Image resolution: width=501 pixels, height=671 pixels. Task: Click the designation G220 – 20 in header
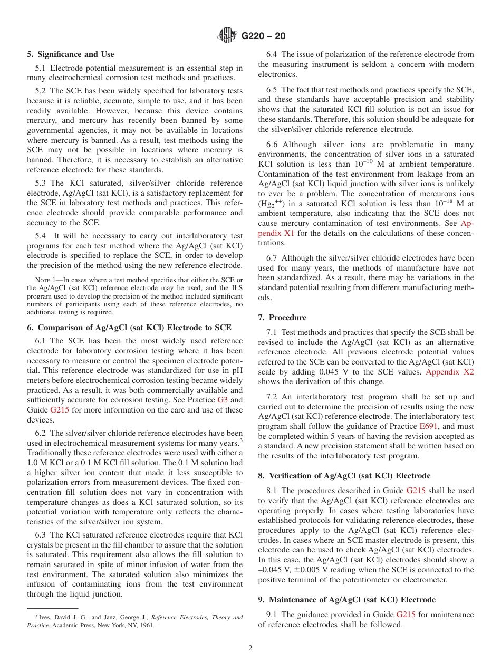point(263,36)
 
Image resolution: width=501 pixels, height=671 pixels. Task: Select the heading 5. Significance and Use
point(71,54)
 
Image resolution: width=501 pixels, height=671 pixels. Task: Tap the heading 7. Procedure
point(282,318)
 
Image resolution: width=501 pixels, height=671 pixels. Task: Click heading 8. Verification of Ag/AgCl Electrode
point(344,476)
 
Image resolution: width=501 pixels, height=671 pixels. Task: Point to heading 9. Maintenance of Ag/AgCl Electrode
point(347,600)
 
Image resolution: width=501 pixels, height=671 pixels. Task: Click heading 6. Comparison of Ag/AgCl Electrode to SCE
point(129,328)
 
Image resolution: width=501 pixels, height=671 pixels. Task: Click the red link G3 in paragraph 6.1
point(223,400)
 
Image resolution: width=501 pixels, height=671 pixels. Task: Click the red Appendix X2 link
point(450,372)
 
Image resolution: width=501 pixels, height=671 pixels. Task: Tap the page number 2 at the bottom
point(250,648)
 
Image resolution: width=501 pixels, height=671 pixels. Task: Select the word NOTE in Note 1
point(42,280)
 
